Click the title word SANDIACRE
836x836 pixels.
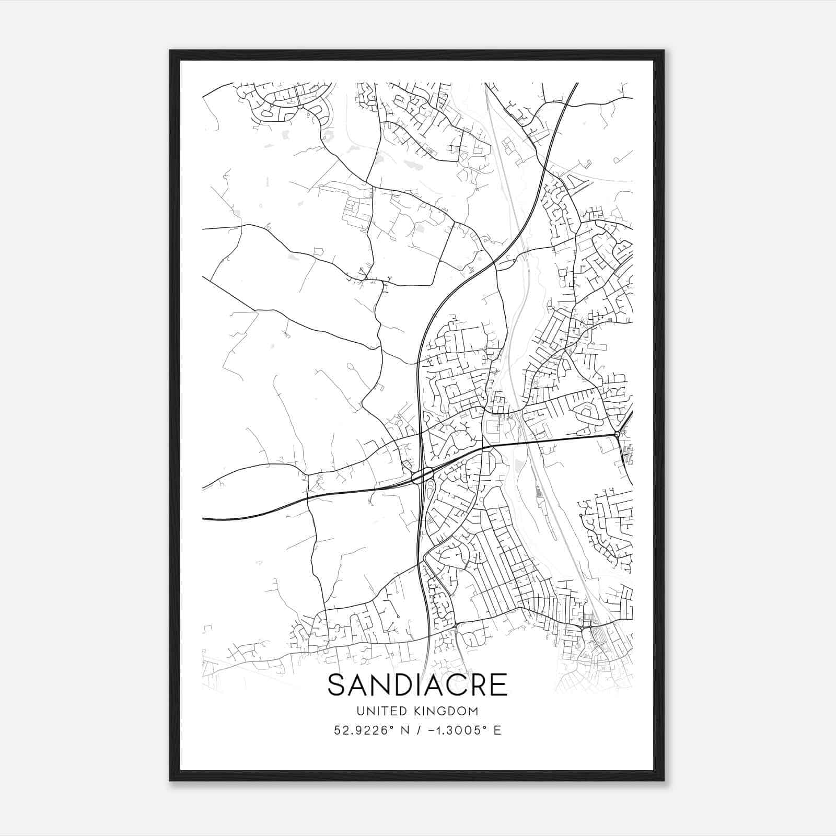click(417, 686)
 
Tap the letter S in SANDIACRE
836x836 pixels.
click(337, 686)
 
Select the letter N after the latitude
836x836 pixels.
click(403, 730)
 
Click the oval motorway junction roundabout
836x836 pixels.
click(422, 476)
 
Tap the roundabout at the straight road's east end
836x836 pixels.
click(617, 434)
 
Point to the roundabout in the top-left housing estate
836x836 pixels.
click(300, 107)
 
